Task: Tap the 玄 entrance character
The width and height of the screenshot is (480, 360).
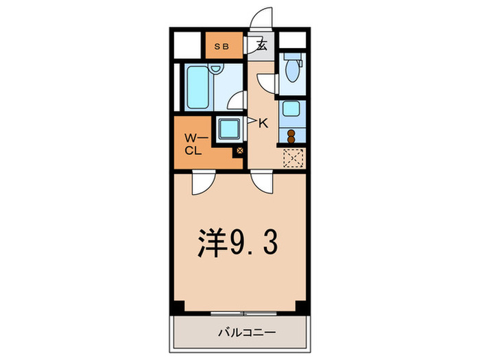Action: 261,46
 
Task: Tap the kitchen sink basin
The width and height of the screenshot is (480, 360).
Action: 291,108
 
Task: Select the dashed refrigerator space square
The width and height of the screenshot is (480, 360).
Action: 293,159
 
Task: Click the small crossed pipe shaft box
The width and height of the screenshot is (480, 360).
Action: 239,152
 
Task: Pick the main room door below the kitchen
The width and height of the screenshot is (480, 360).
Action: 262,182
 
